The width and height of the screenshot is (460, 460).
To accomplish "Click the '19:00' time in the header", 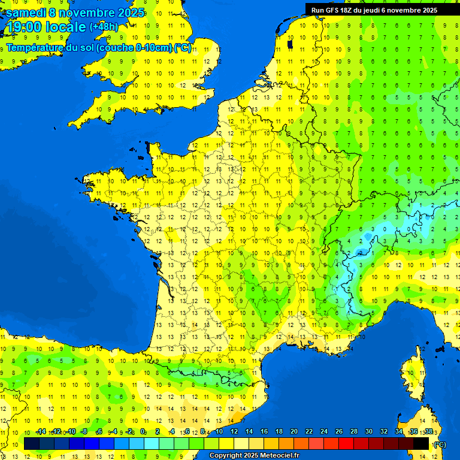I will pyautogui.click(x=23, y=27).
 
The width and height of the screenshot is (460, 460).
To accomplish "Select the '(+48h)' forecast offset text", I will pyautogui.click(x=104, y=27).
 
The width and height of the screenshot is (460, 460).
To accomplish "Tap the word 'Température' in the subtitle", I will pyautogui.click(x=34, y=47).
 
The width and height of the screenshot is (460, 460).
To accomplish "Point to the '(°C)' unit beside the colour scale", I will pyautogui.click(x=440, y=444).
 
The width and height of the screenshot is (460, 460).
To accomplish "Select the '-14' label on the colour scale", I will pyautogui.click(x=40, y=431).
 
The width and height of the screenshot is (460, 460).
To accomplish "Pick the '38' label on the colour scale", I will pyautogui.click(x=428, y=431).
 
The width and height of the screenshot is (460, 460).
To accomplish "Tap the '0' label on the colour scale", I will pyautogui.click(x=143, y=431).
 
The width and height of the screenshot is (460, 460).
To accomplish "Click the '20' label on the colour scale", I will pyautogui.click(x=293, y=431).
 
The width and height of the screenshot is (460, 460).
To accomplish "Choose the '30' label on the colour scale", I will pyautogui.click(x=368, y=431).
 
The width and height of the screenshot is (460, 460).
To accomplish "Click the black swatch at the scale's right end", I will pyautogui.click(x=421, y=444).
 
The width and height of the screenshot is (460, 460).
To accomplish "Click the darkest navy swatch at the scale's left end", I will pyautogui.click(x=31, y=444).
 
